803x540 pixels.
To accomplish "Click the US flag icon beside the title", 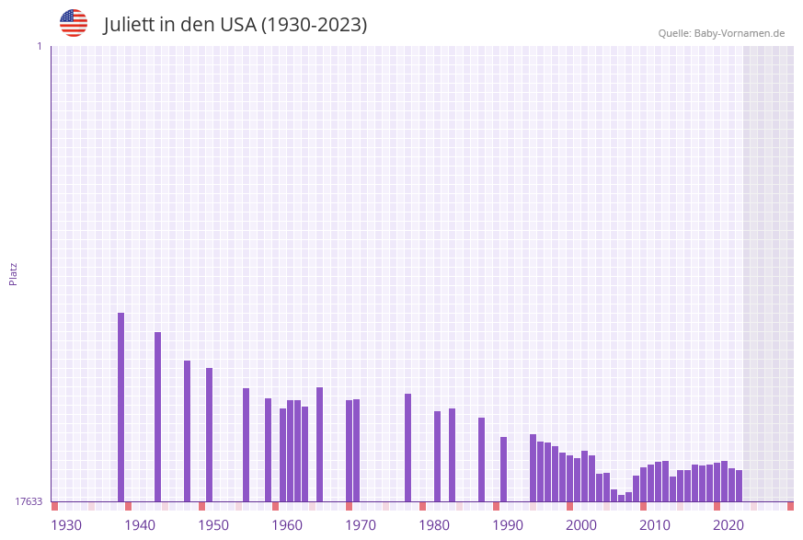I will click(x=74, y=23).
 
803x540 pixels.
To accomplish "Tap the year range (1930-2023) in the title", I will click(x=314, y=25).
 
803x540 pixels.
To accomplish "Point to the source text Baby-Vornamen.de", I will click(x=740, y=33).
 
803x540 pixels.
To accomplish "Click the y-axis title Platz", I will click(x=14, y=273).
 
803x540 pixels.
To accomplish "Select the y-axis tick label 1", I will click(x=39, y=46).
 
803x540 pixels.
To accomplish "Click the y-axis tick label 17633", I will click(x=29, y=501).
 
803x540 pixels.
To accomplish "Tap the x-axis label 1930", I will click(x=66, y=525).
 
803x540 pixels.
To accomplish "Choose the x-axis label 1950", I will click(x=213, y=525).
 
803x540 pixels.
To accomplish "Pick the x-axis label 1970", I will click(x=361, y=525).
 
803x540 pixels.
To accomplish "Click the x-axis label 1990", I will click(x=508, y=525).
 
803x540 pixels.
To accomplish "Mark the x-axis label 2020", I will click(x=728, y=525).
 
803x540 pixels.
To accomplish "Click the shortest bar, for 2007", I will click(x=621, y=498).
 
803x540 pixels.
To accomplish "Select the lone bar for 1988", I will click(x=481, y=459).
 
